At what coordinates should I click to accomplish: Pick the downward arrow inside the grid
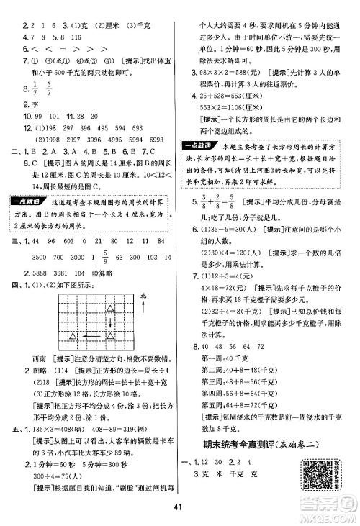[x=109, y=320]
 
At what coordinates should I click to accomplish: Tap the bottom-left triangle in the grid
[x=72, y=335]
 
